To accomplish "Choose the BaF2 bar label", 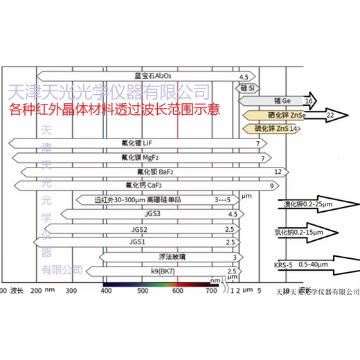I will pos(152,171).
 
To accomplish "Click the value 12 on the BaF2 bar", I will pos(278,171).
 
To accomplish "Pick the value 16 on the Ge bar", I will pos(308,101).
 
